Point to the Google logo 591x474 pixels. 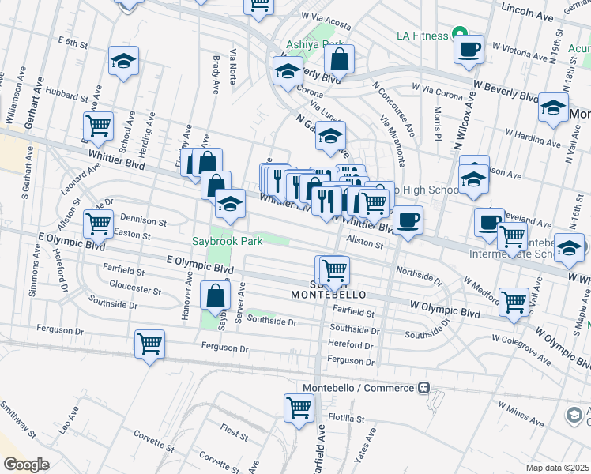point(27,465)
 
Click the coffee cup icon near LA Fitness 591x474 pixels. point(469,48)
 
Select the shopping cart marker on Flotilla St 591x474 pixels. point(299,408)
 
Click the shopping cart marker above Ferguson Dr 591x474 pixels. point(149,344)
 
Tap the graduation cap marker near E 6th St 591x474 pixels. point(124,62)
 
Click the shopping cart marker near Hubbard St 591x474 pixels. point(98,124)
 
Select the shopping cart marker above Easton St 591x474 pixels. point(98,223)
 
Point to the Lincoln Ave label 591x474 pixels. point(529,15)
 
